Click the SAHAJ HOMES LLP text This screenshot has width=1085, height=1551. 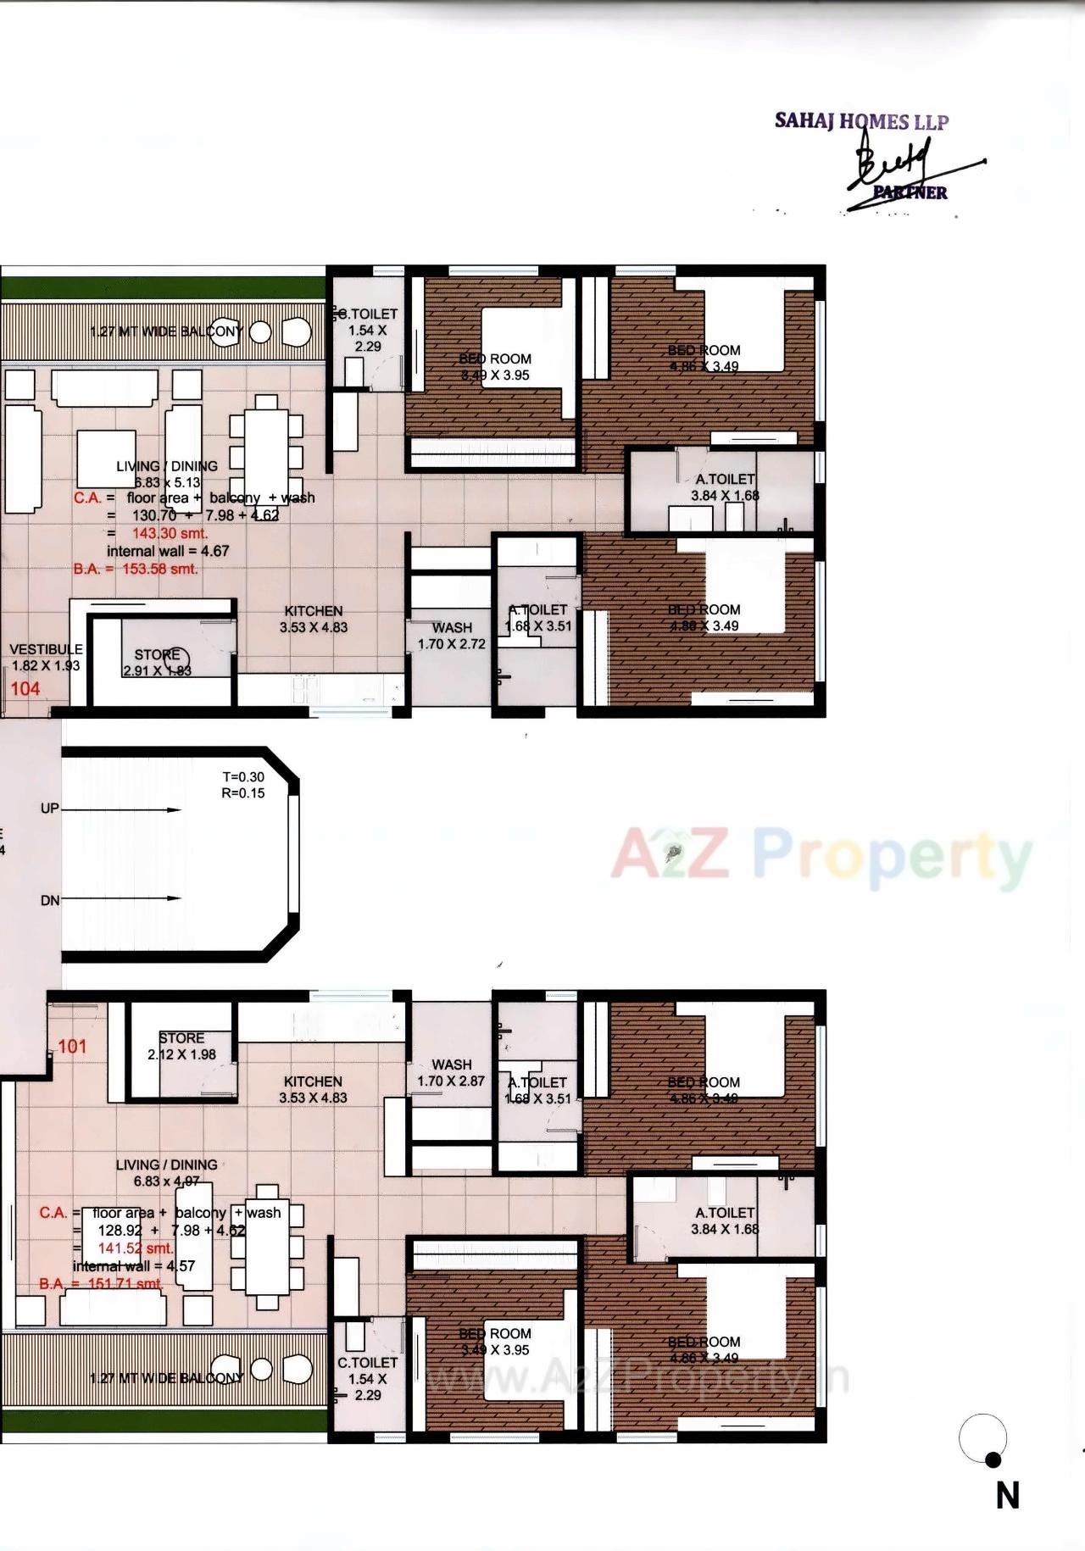pos(861,121)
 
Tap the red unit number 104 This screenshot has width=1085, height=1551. pos(25,688)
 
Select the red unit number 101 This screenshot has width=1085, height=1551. pos(72,1046)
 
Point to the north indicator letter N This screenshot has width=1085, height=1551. pos(1007,1496)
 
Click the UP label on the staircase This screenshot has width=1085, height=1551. pos(50,809)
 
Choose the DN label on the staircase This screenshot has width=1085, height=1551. pos(50,900)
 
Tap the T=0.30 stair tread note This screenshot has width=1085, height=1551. pos(243,776)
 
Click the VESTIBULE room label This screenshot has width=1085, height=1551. pos(46,649)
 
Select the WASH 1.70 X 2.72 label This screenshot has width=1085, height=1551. pos(452,636)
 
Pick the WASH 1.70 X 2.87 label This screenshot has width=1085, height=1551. pos(452,1073)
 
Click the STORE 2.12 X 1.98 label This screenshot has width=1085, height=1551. pos(181,1046)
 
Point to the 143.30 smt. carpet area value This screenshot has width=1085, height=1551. pos(170,533)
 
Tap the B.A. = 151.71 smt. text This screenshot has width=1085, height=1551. pos(101,1283)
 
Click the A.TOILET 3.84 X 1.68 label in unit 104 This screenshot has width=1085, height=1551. pos(725,487)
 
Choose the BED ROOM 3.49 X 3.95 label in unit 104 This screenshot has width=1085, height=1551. pos(495,367)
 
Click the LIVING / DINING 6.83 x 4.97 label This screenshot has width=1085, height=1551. pos(166,1173)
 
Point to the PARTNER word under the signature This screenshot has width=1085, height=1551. pos(910,192)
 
